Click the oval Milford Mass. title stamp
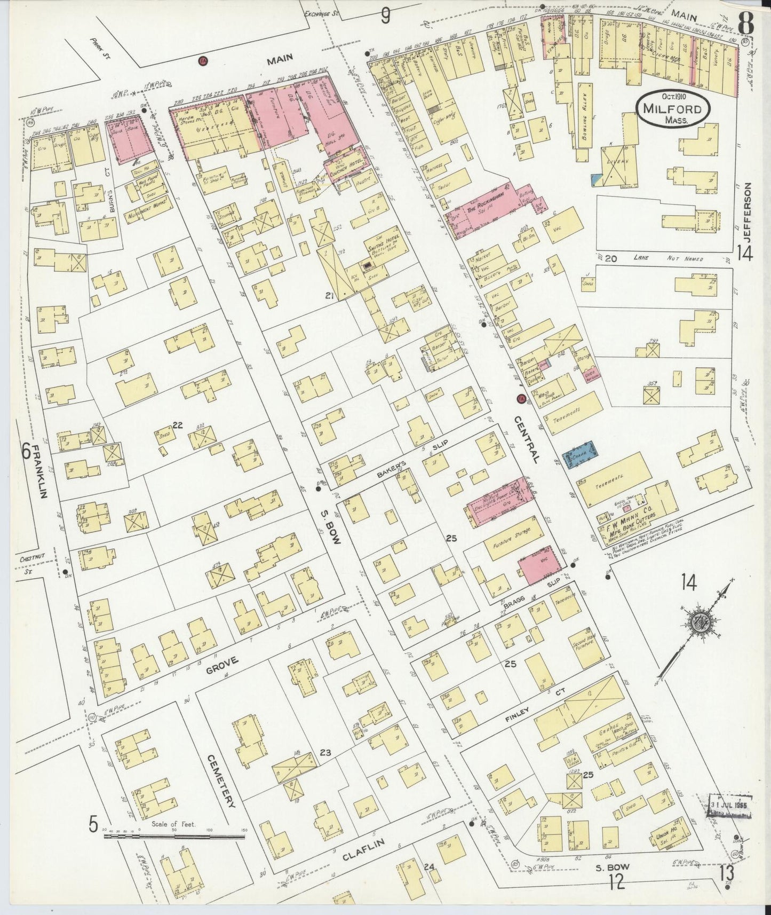(673, 108)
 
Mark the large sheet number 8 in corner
(746, 22)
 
